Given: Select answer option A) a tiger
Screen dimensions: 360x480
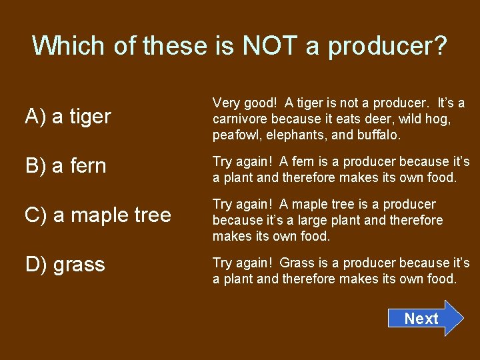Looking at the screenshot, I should point(67,117).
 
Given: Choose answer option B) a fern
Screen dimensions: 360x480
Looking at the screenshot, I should point(65,165).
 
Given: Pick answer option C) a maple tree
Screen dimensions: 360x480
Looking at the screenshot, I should point(97,215).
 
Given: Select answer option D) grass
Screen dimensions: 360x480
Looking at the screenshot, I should point(65,265).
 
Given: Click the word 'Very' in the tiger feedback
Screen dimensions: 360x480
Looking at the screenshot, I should point(226,103).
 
